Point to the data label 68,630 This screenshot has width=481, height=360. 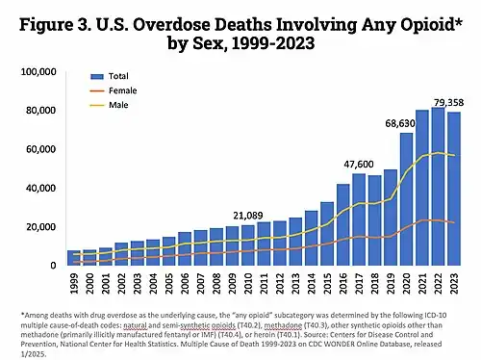coord(403,123)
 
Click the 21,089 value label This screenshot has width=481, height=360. coord(249,215)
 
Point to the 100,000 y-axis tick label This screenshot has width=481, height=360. coord(41,72)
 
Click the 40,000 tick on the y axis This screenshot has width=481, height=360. coord(44,188)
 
